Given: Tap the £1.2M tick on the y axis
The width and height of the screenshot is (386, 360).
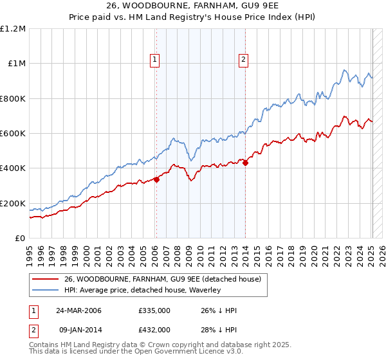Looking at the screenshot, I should click(14, 28).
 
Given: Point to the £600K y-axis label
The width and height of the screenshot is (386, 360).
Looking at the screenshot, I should click(13, 133).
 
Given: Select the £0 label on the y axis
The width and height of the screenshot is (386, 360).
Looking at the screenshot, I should click(20, 238).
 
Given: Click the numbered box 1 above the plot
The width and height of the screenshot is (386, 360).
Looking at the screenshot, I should click(156, 60).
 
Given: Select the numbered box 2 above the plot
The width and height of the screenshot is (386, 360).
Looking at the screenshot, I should click(244, 60).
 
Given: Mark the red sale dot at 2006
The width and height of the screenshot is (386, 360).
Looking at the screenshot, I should click(156, 180).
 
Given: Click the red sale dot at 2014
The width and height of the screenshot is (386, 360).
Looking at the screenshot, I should click(245, 163).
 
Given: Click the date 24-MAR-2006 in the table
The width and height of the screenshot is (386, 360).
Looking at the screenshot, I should click(78, 310).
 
